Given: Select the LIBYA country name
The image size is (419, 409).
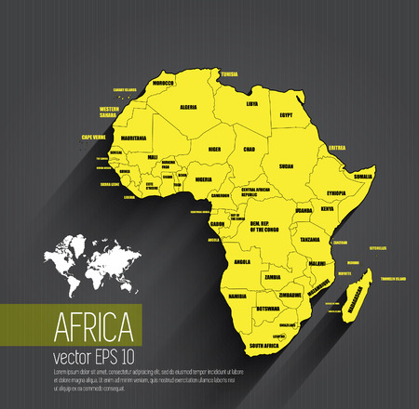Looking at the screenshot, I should (252, 103).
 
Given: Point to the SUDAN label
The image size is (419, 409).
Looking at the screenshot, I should (287, 166).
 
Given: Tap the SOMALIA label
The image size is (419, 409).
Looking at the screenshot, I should (363, 176).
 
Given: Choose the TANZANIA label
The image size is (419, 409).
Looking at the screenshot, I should (310, 239).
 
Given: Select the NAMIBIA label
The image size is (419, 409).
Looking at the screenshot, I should (238, 295).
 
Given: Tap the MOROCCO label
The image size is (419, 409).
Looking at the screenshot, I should (164, 84).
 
